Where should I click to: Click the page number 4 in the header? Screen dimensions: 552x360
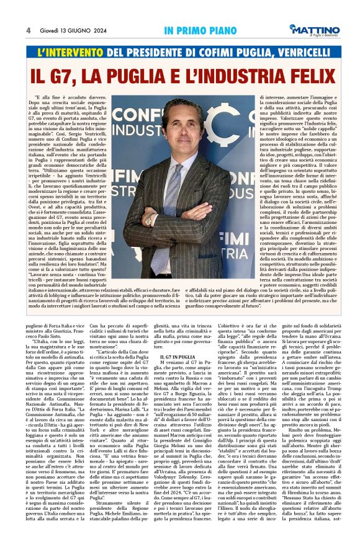click(x=29, y=30)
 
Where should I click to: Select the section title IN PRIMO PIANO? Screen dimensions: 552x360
click(x=194, y=30)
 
